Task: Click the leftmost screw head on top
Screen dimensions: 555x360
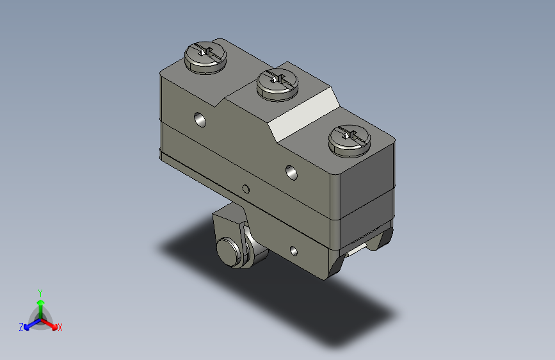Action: coord(205,58)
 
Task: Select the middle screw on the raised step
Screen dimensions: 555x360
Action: coord(278,85)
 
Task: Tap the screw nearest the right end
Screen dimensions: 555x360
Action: coord(350,141)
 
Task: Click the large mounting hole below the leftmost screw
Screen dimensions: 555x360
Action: coord(200,119)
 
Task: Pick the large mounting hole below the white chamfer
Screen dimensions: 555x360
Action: coord(291,172)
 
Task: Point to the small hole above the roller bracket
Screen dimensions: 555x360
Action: coord(246,189)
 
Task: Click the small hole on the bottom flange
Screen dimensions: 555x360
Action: coord(294,251)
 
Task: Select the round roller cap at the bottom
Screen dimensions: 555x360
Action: coord(229,252)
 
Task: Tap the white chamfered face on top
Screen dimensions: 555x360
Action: coord(303,115)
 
